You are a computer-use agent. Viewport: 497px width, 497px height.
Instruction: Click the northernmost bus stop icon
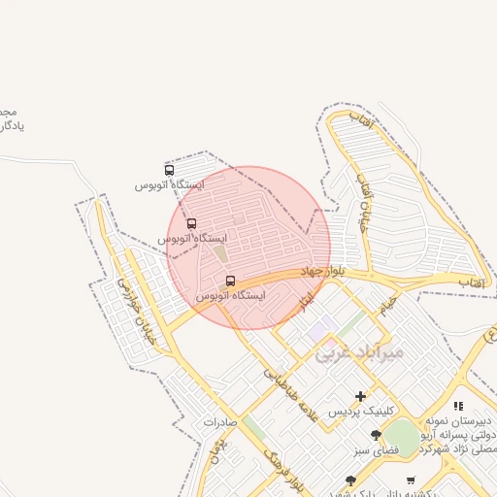point(170,171)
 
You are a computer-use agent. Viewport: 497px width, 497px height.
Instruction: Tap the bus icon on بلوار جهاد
point(230,281)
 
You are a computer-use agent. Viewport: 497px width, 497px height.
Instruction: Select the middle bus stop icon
point(191,224)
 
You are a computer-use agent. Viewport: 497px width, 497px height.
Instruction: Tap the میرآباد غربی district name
point(357,353)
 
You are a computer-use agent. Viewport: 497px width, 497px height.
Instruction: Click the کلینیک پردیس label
point(361,412)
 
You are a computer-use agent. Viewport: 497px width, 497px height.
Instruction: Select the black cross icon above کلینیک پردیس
point(361,396)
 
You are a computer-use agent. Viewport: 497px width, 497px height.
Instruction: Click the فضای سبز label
point(377,449)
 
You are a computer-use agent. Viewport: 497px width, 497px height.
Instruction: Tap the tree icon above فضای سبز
point(377,435)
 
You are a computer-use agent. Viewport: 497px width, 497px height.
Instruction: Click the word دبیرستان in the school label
point(474,420)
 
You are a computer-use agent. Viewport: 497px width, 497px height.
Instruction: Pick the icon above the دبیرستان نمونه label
point(458,406)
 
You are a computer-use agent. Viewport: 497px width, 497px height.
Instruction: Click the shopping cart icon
point(411,480)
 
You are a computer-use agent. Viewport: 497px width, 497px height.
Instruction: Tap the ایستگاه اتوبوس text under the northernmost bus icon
point(170,184)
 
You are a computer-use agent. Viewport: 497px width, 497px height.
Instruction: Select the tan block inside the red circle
point(220,254)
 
